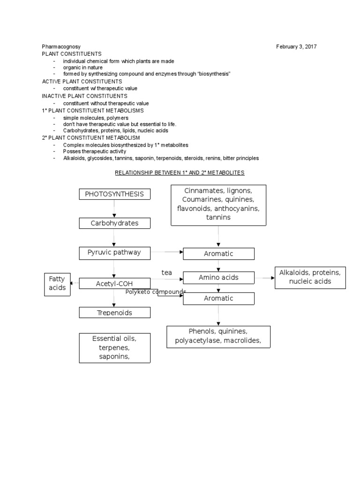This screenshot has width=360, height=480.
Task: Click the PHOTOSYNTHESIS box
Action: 115,195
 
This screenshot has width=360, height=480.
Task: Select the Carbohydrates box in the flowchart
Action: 115,223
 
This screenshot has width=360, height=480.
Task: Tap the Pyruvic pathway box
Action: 115,253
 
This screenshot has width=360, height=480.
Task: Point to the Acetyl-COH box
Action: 115,283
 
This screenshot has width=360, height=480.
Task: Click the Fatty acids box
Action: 57,284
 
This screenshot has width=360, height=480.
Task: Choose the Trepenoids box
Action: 115,313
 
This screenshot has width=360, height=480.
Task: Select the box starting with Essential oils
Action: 115,348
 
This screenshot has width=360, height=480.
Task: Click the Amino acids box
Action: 218,277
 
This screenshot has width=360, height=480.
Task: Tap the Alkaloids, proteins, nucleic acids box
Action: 310,277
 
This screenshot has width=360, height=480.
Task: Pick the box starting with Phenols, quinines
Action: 218,337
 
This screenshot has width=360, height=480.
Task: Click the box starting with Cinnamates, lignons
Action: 218,204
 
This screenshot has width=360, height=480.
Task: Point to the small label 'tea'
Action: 167,272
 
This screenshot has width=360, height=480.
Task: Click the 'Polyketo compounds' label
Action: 156,292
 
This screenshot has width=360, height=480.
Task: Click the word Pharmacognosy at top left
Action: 61,47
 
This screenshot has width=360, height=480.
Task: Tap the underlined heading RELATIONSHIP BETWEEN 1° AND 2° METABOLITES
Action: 180,172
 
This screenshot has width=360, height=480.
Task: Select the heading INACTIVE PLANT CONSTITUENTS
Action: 84,96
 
